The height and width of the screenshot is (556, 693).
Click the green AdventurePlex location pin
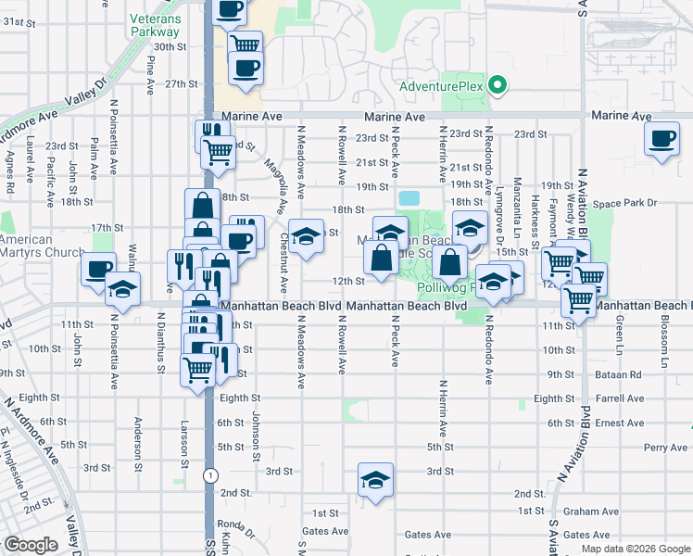coord(498,86)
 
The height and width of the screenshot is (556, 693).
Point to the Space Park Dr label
coord(625,203)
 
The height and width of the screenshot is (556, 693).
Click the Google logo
coord(30,545)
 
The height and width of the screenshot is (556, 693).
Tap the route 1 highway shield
coord(211,474)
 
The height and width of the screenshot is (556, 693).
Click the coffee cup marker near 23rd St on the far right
coord(661,139)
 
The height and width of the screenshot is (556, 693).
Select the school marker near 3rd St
coord(373,480)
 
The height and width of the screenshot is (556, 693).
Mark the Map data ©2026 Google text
coord(636,549)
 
